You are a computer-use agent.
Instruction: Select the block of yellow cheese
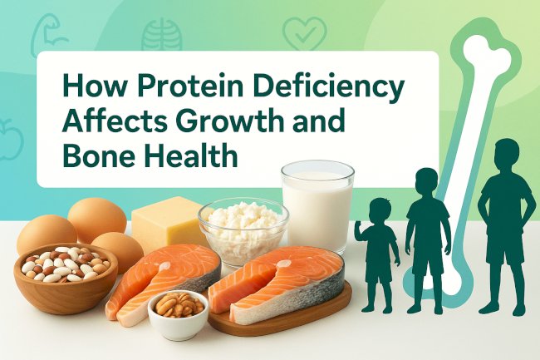(x=167, y=223)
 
